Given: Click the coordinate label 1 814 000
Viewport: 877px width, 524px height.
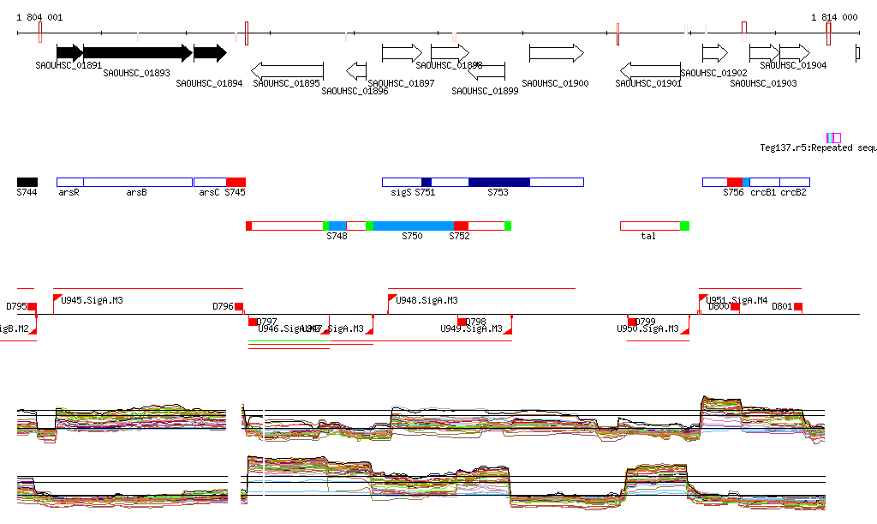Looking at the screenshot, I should coord(834,17).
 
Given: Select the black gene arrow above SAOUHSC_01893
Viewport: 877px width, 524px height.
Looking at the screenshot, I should coord(136,53).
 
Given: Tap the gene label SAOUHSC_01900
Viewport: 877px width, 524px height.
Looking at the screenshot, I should coord(555,83).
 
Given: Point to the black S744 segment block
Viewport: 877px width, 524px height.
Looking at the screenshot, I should coord(27,182).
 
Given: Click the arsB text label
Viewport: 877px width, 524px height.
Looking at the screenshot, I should coord(137,193).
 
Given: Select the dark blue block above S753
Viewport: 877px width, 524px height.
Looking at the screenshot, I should coord(499,182).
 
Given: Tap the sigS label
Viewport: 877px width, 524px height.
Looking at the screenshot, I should coord(401,193).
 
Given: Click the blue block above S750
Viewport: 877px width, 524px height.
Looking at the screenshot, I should coord(413,226).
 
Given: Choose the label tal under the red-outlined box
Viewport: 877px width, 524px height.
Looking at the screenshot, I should coord(648,236).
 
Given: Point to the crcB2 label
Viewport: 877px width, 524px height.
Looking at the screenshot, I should coord(793,193).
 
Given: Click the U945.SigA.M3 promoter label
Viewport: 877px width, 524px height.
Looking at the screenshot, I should coord(92,301).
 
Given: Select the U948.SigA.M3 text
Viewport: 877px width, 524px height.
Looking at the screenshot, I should coord(427,301).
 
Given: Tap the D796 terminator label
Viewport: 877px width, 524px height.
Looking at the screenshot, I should coord(223,306).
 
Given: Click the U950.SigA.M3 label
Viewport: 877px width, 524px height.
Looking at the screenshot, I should coord(648,328).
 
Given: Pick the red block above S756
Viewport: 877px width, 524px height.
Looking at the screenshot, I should coord(734,182).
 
